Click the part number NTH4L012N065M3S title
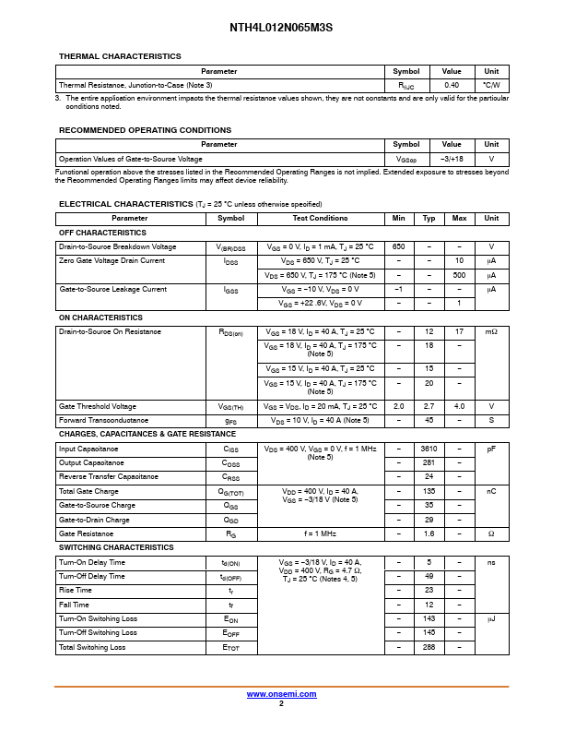point(281,28)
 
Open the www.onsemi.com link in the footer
point(281,694)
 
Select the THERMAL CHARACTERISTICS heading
point(120,56)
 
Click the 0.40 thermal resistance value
point(452,85)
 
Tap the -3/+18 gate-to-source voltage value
point(452,159)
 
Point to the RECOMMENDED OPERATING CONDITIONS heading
point(145,130)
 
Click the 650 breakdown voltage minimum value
point(398,247)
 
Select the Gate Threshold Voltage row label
point(98,406)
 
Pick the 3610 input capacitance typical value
point(429,449)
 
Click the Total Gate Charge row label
point(88,491)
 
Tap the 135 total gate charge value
point(429,491)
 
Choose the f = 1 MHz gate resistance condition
point(320,533)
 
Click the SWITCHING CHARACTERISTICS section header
point(116,547)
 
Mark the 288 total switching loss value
point(429,647)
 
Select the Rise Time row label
point(76,590)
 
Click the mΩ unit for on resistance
point(491,331)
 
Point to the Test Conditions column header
point(320,218)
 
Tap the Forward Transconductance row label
point(105,420)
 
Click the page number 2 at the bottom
point(281,703)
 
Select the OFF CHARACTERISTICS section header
point(102,233)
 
